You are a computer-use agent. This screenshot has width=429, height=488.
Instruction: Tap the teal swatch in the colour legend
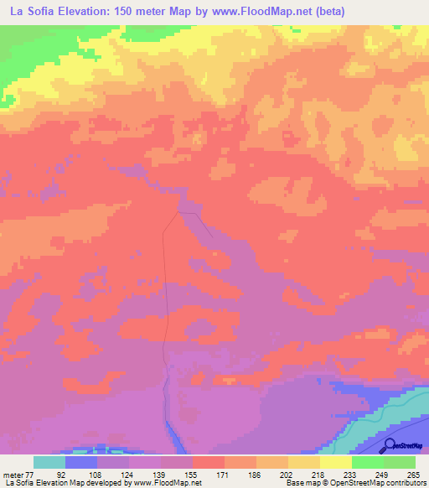[49, 462]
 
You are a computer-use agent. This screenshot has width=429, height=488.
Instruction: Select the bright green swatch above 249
[368, 462]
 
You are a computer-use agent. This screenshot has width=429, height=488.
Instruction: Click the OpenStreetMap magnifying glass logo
[389, 444]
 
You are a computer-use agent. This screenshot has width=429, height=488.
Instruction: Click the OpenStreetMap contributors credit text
[381, 482]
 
